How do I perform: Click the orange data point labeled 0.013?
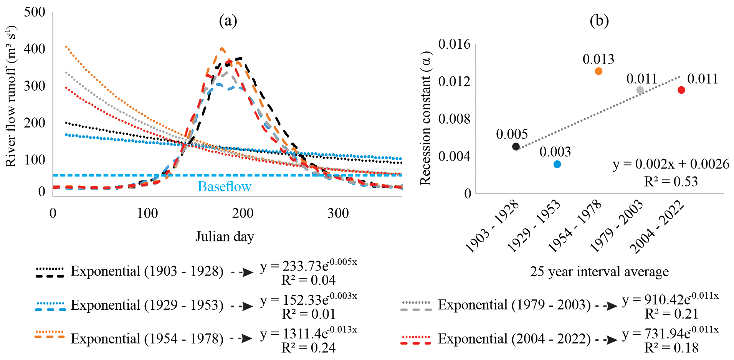pos(598,71)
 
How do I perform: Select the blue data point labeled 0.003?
pos(557,164)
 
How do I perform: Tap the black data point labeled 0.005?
pos(516,146)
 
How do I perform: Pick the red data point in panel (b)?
pos(681,90)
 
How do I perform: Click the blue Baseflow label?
pos(225,187)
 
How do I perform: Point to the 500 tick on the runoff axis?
pos(35,12)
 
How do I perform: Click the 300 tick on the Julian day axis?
pos(338,213)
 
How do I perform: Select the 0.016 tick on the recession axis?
pos(454,44)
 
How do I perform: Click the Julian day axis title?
pos(225,236)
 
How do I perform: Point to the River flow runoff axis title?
pos(11,96)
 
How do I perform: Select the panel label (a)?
pos(228,20)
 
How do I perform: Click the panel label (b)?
pos(599,20)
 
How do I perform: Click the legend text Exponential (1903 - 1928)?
pos(147,271)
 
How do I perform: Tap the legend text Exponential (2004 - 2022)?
pos(514,339)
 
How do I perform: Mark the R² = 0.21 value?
pos(671,314)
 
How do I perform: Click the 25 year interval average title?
pos(599,272)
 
